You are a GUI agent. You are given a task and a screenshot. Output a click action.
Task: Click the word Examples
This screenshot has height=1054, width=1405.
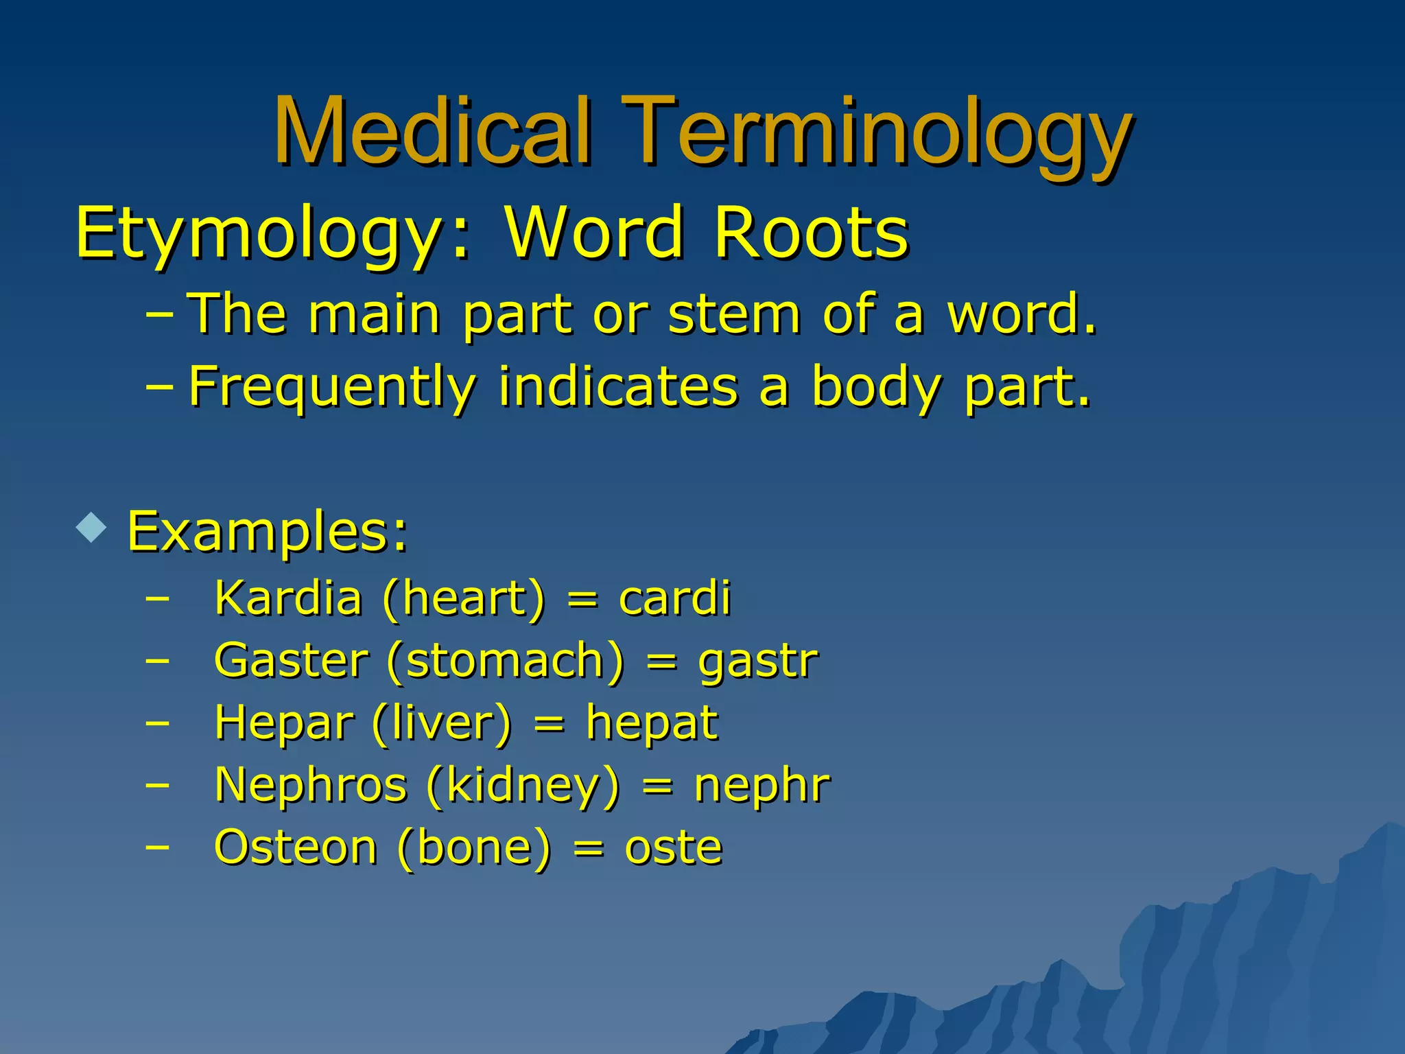coord(268,532)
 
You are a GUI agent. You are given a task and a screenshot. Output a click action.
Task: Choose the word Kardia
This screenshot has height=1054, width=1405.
coord(288,598)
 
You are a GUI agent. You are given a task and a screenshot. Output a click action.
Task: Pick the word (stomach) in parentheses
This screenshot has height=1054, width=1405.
coord(506,660)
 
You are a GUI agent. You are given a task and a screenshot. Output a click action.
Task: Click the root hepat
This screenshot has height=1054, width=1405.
coord(652,723)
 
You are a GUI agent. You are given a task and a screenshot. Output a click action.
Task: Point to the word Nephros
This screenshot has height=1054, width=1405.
coord(311,784)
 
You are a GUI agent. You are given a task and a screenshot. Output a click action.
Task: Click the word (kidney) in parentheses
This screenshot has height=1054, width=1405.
coord(523,786)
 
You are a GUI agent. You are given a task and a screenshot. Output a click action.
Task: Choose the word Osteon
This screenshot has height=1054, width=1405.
coord(296,847)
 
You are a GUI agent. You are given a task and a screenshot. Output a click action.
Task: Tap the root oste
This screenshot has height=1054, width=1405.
coord(673,847)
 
